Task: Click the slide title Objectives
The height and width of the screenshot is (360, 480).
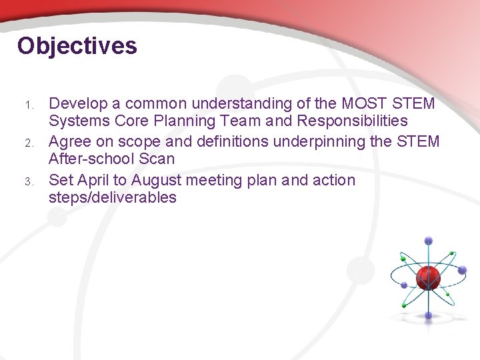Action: pos(77,46)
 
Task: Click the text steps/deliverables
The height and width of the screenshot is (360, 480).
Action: pos(113,197)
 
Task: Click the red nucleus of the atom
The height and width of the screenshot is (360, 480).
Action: pos(428,277)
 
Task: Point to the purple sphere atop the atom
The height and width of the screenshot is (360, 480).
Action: pos(428,241)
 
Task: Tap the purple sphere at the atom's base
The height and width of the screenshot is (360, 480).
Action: pos(428,315)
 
